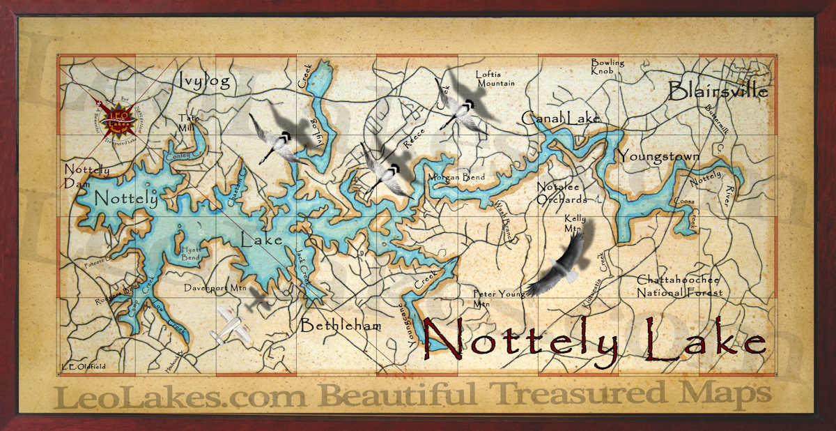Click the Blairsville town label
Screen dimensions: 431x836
pos(718,91)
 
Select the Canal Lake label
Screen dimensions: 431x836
pos(560,118)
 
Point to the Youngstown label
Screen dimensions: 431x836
pos(658,156)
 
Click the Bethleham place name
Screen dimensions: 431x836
pos(341,326)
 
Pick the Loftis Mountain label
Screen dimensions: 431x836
pos(495,78)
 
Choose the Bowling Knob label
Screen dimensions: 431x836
pos(607,66)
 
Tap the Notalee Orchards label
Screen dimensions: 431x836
pos(562,192)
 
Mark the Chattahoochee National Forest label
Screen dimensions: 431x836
pos(679,286)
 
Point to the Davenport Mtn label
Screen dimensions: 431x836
pos(215,287)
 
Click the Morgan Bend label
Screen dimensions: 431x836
pos(456,177)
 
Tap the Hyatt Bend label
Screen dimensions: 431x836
pos(190,252)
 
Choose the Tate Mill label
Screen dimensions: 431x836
pos(188,122)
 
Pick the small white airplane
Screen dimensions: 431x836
pos(232,325)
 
